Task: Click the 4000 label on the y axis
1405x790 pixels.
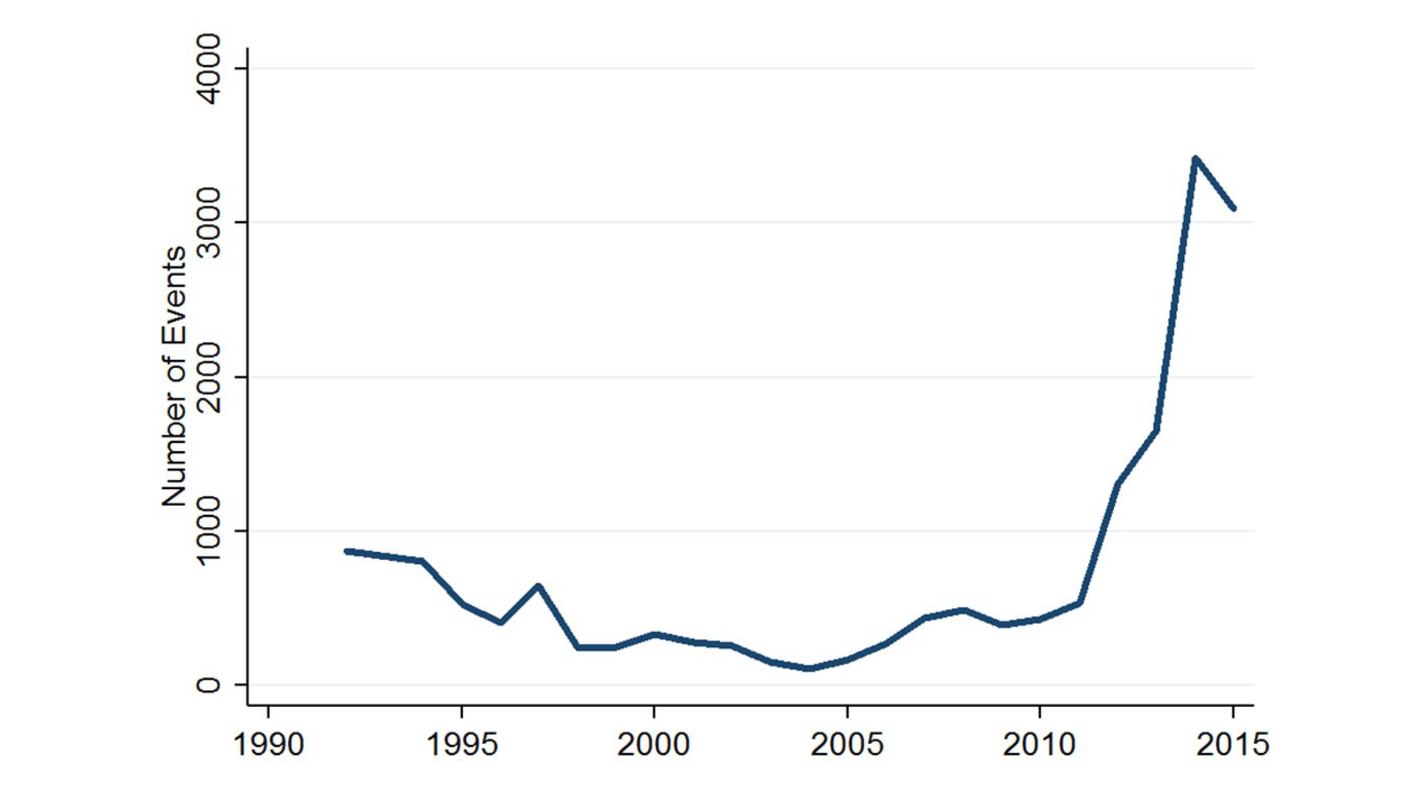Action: (x=210, y=68)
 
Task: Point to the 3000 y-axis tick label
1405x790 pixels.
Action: (x=210, y=223)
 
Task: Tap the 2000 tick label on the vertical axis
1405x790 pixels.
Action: (x=210, y=377)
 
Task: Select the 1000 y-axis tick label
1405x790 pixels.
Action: (x=210, y=531)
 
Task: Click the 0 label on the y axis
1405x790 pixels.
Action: (x=209, y=685)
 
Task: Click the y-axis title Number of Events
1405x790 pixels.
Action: (x=174, y=377)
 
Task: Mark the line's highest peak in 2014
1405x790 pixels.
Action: (x=1195, y=158)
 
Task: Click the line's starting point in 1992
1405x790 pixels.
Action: (x=347, y=551)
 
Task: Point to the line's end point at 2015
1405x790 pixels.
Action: (x=1233, y=208)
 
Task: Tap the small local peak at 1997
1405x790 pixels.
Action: (x=539, y=586)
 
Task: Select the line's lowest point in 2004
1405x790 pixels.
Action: (x=808, y=668)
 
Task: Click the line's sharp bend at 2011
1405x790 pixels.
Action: (x=1079, y=603)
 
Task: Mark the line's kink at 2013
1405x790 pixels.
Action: (x=1156, y=431)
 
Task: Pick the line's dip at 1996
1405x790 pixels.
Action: (x=501, y=623)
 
